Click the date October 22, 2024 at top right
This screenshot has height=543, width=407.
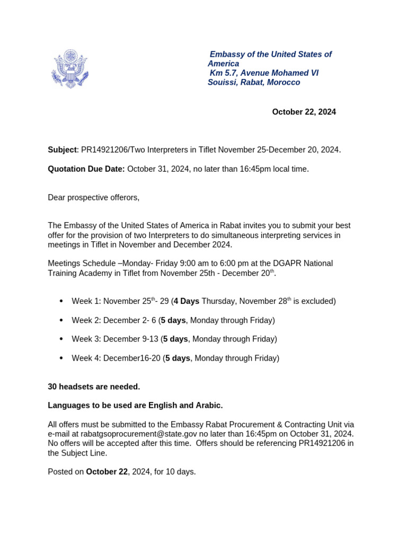[304, 112]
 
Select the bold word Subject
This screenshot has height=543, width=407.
[62, 150]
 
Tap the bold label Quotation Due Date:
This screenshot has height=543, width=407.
[86, 169]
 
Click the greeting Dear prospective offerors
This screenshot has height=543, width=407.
[93, 197]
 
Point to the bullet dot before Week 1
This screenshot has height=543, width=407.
[61, 301]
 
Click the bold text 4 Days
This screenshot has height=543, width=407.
[186, 301]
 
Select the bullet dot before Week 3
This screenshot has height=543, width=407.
[61, 339]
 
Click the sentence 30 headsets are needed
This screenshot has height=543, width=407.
[94, 387]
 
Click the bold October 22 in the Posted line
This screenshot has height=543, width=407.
[107, 471]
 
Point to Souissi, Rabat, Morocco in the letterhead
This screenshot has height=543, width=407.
[254, 82]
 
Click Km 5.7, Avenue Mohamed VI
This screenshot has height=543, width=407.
[264, 73]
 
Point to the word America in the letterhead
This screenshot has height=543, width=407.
[223, 64]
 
